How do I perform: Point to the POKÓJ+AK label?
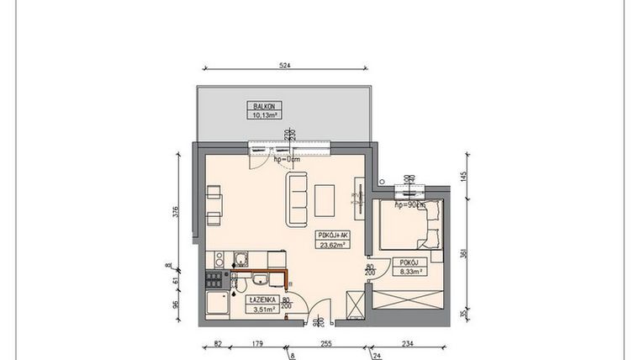[x=333, y=236]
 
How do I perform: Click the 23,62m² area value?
[x=333, y=246]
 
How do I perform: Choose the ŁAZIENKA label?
[x=262, y=299]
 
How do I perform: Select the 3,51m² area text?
[x=262, y=309]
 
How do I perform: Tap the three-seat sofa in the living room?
[x=298, y=199]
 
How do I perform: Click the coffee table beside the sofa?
[x=326, y=200]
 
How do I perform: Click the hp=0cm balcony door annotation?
[x=288, y=158]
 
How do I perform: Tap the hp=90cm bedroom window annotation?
[x=410, y=204]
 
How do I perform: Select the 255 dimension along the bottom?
[x=325, y=343]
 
